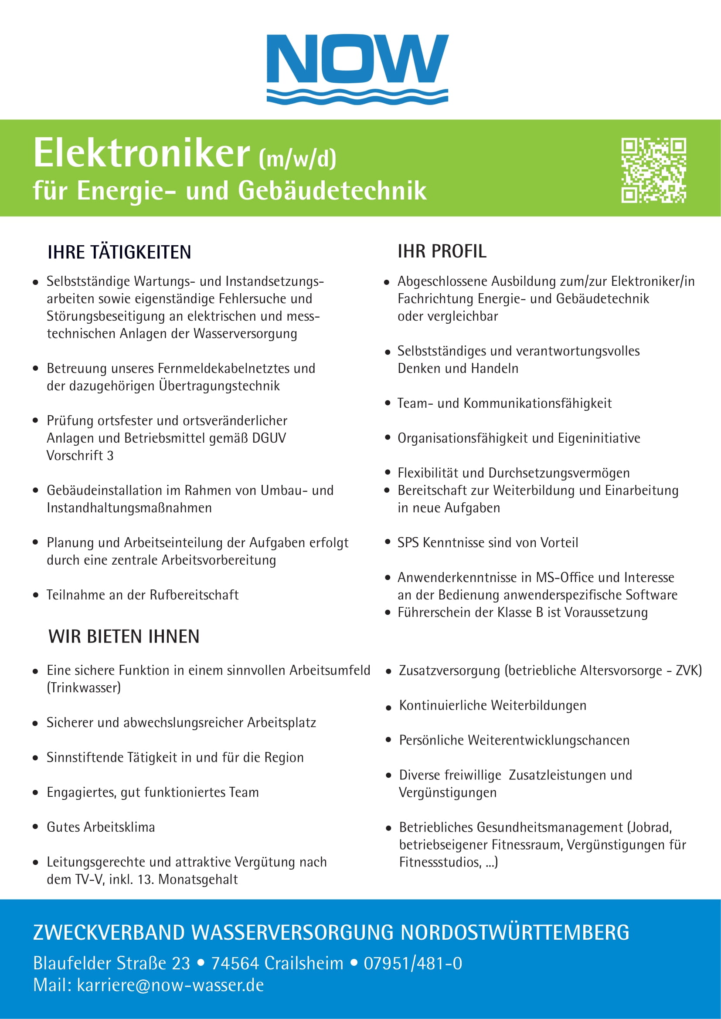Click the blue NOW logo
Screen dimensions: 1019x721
click(x=357, y=69)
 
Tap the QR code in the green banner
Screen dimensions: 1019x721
click(x=653, y=170)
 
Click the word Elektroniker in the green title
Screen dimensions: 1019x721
click(x=142, y=153)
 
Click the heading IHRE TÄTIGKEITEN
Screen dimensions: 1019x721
click(x=119, y=252)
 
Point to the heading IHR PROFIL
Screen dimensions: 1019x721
click(x=442, y=251)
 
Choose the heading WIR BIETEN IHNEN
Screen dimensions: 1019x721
click(x=124, y=636)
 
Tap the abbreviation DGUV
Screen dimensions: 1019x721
click(x=269, y=438)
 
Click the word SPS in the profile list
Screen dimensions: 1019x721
click(x=408, y=542)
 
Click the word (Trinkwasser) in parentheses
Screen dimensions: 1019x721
click(x=84, y=687)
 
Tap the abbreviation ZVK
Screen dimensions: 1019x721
click(x=688, y=670)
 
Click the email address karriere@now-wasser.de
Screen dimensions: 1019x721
click(x=170, y=985)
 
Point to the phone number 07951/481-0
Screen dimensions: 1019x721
click(x=413, y=964)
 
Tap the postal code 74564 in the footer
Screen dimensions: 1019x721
click(x=235, y=964)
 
